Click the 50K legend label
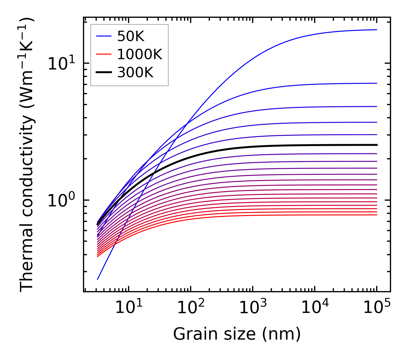point(131,36)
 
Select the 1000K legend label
point(140,54)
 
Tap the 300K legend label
point(135,73)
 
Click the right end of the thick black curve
point(376,145)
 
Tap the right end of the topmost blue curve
point(376,30)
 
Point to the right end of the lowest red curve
point(376,215)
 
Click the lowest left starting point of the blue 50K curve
point(98,279)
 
